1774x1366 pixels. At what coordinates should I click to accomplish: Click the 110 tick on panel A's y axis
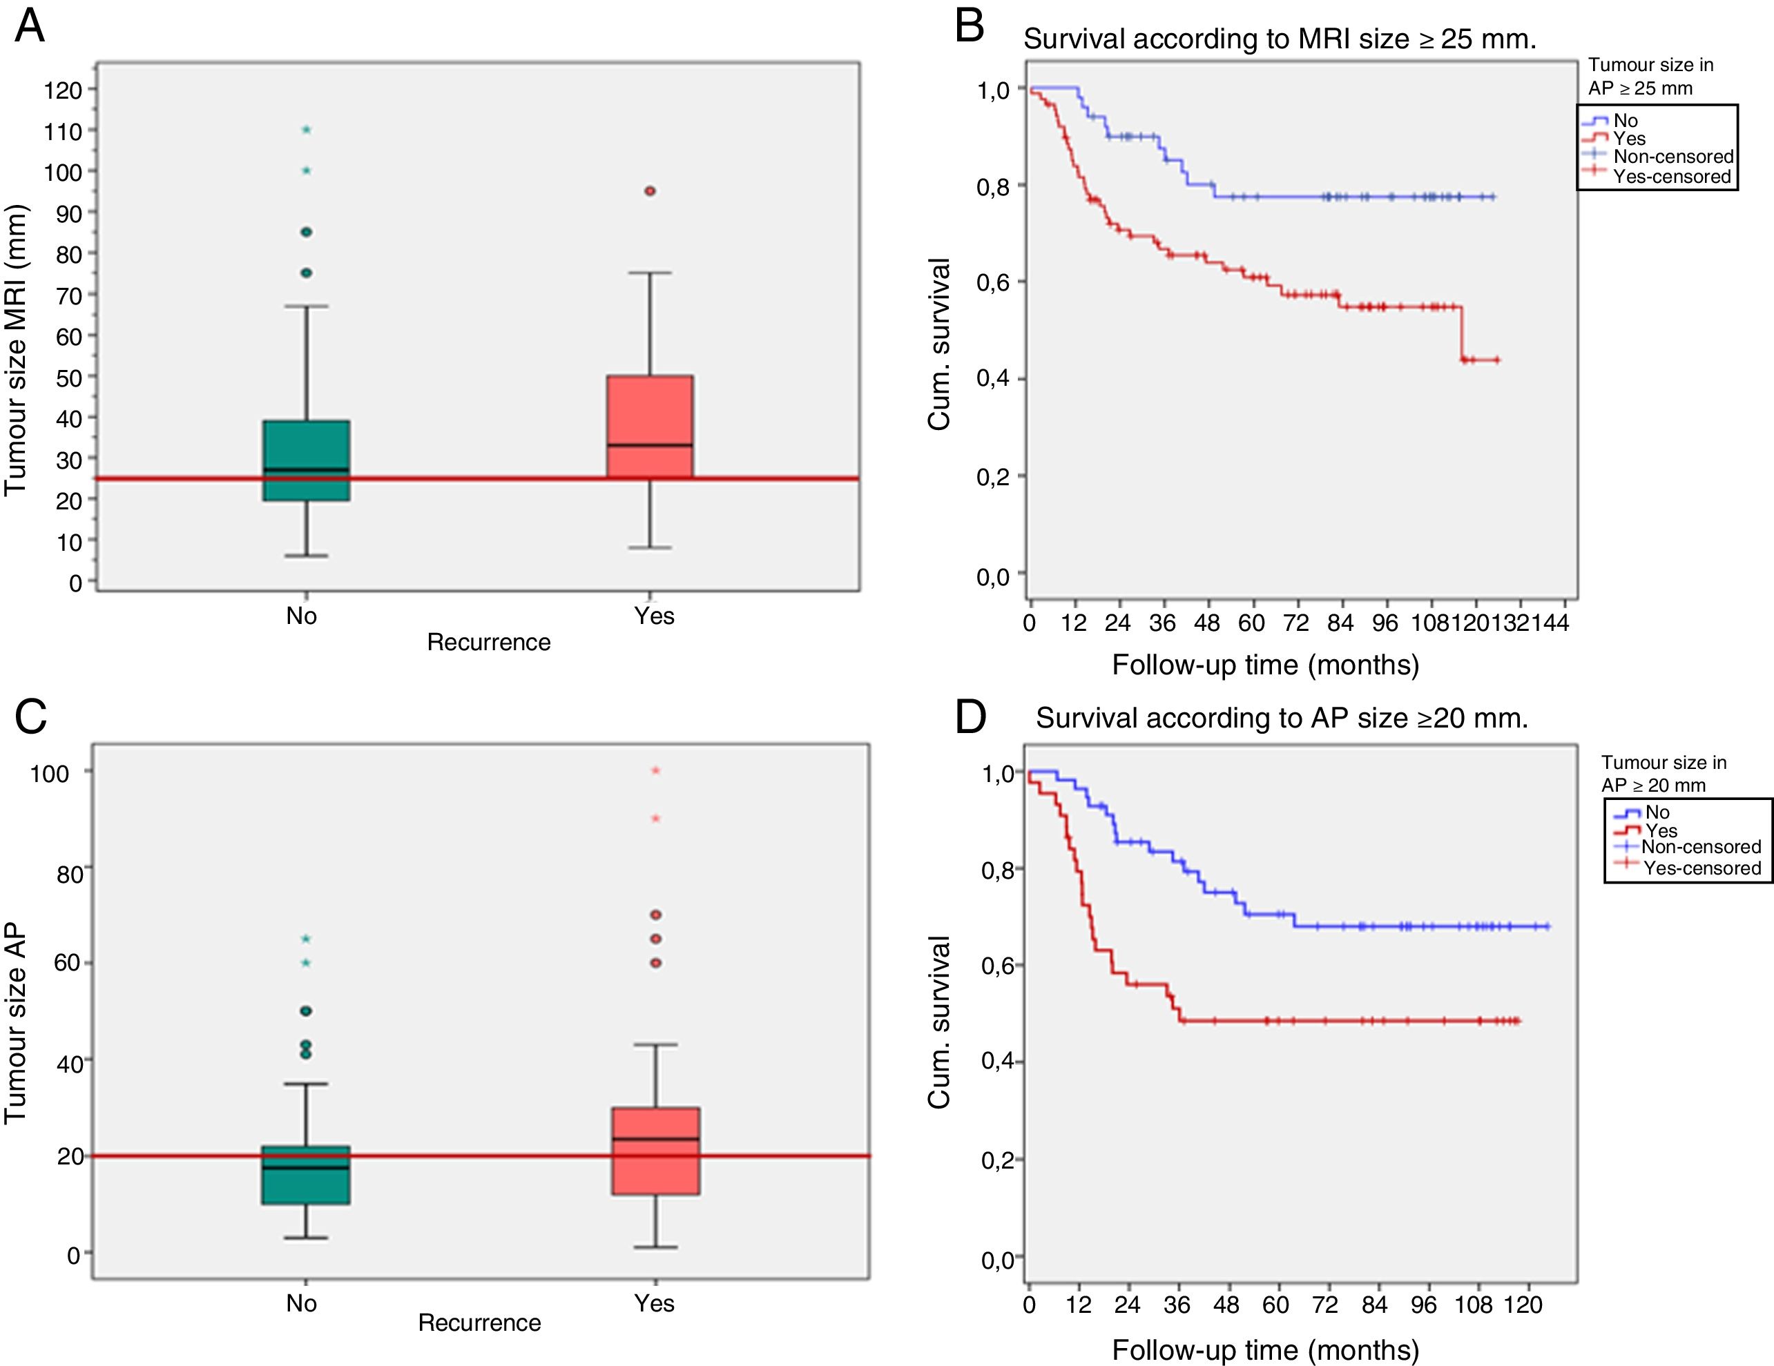click(x=64, y=130)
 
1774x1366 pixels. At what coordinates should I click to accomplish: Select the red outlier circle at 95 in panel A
click(x=650, y=191)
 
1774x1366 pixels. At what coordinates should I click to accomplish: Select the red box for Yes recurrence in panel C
click(x=655, y=1151)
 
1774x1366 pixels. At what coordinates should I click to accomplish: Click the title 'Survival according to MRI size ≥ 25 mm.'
click(x=1280, y=39)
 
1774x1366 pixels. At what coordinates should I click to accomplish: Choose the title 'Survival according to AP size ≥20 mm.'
click(x=1282, y=718)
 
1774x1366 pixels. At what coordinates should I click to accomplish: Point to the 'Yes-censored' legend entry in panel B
click(x=1672, y=176)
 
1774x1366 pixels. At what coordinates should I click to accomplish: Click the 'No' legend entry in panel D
click(x=1657, y=812)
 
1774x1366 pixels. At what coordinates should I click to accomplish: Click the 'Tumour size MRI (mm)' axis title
click(x=17, y=349)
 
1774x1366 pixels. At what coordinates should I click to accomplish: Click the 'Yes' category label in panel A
click(x=654, y=616)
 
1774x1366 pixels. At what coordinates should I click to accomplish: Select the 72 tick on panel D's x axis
click(x=1325, y=1305)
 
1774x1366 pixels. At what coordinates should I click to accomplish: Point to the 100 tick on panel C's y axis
click(x=50, y=773)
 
